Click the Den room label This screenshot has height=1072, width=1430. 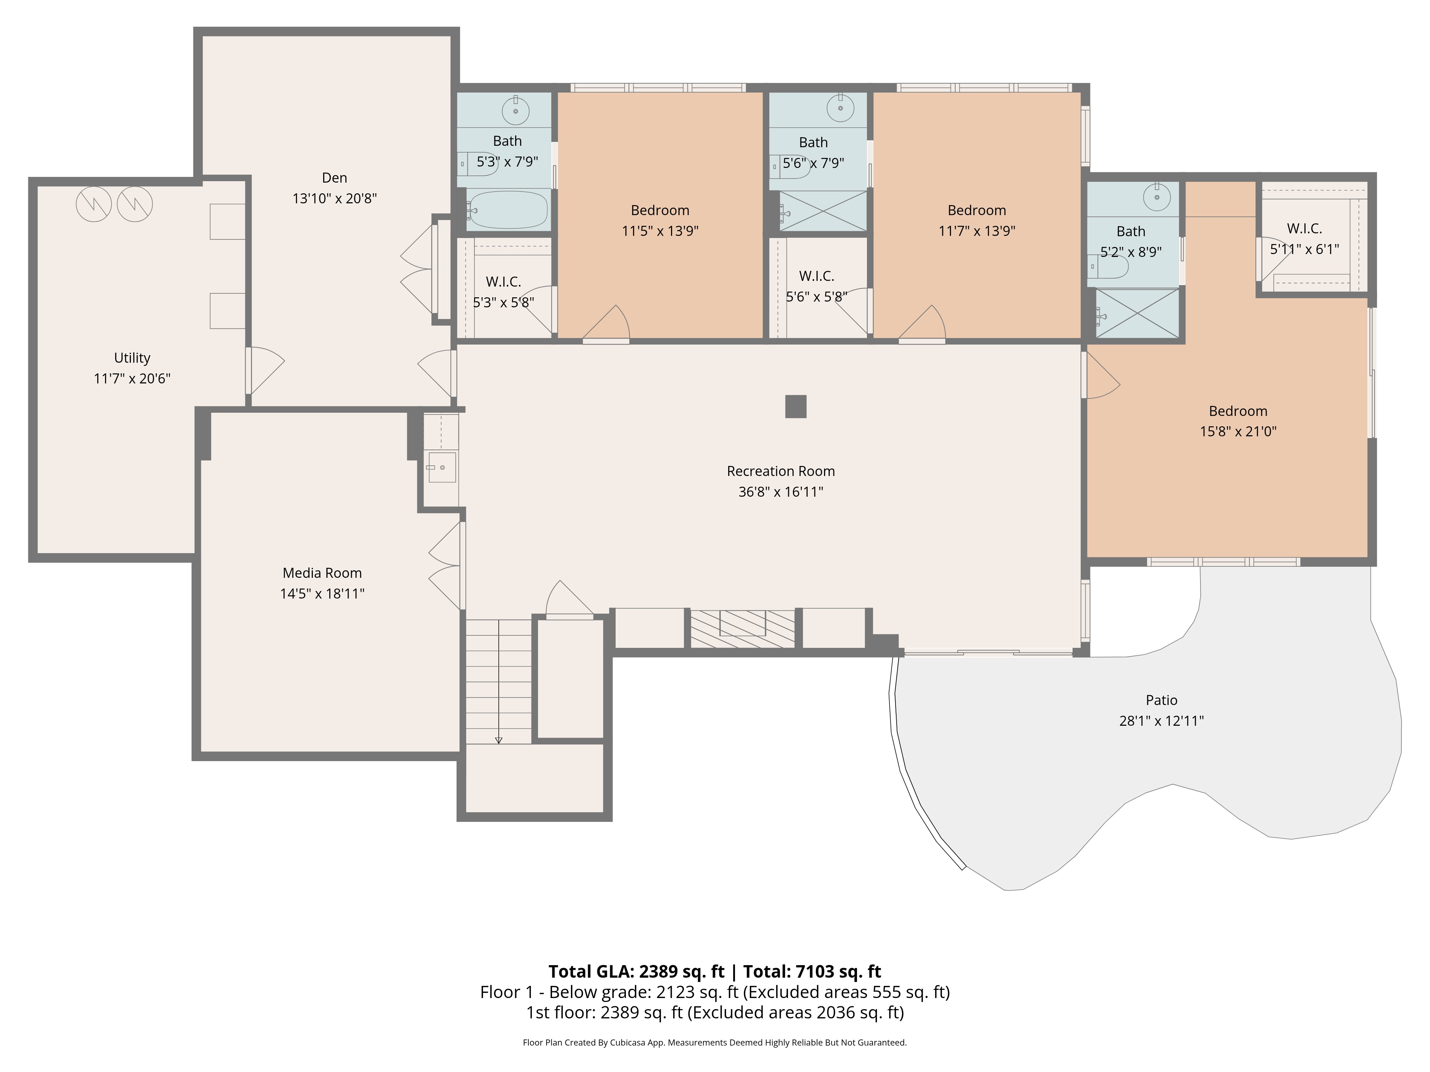coord(334,178)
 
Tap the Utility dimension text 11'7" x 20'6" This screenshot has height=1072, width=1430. coord(132,379)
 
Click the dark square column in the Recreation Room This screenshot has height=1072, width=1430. coord(796,406)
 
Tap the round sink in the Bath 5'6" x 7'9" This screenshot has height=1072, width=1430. coord(840,109)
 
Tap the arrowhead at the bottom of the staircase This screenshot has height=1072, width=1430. coord(498,740)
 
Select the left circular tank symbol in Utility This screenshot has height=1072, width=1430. coord(94,204)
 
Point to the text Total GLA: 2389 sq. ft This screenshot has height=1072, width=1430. coord(636,971)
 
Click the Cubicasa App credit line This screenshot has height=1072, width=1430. coord(714,1042)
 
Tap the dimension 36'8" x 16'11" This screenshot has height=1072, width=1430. coord(780,492)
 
